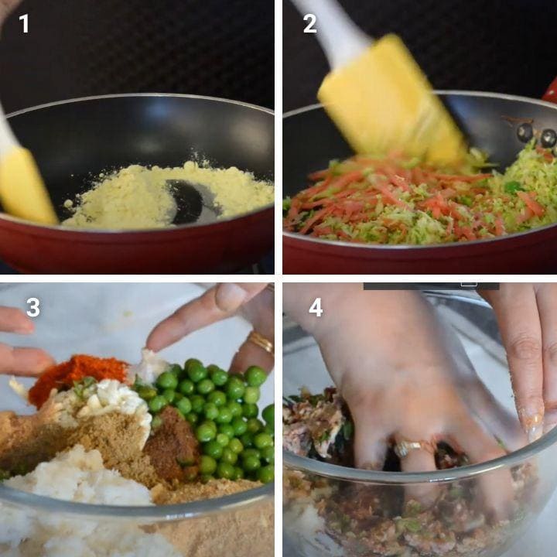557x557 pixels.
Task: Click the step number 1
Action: click(x=24, y=24)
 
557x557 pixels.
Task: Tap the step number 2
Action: click(x=309, y=24)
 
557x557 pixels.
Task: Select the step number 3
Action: click(x=33, y=307)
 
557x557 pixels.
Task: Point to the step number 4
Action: click(x=316, y=307)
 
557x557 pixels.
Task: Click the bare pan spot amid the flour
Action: click(x=187, y=200)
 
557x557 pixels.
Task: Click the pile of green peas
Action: click(x=217, y=419)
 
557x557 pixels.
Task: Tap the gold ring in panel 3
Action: click(x=261, y=342)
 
